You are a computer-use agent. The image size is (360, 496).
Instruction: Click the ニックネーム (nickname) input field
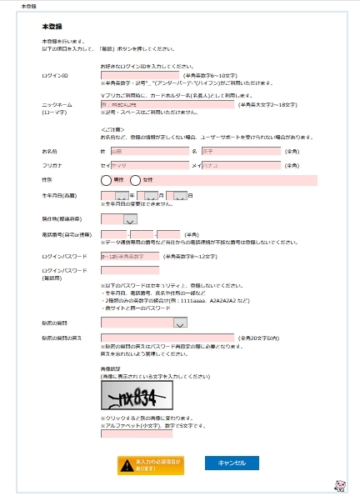click(167, 105)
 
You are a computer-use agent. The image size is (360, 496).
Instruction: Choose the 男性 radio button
click(106, 180)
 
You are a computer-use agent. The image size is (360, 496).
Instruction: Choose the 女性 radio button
click(136, 180)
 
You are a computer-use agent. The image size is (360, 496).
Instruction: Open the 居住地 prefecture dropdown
click(119, 218)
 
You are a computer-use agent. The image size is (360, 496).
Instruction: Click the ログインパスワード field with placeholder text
click(129, 256)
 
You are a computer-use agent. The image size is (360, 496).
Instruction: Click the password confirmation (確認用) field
click(129, 270)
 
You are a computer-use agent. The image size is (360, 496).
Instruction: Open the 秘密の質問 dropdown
click(143, 323)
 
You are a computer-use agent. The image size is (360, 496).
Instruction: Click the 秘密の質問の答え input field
click(167, 337)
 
